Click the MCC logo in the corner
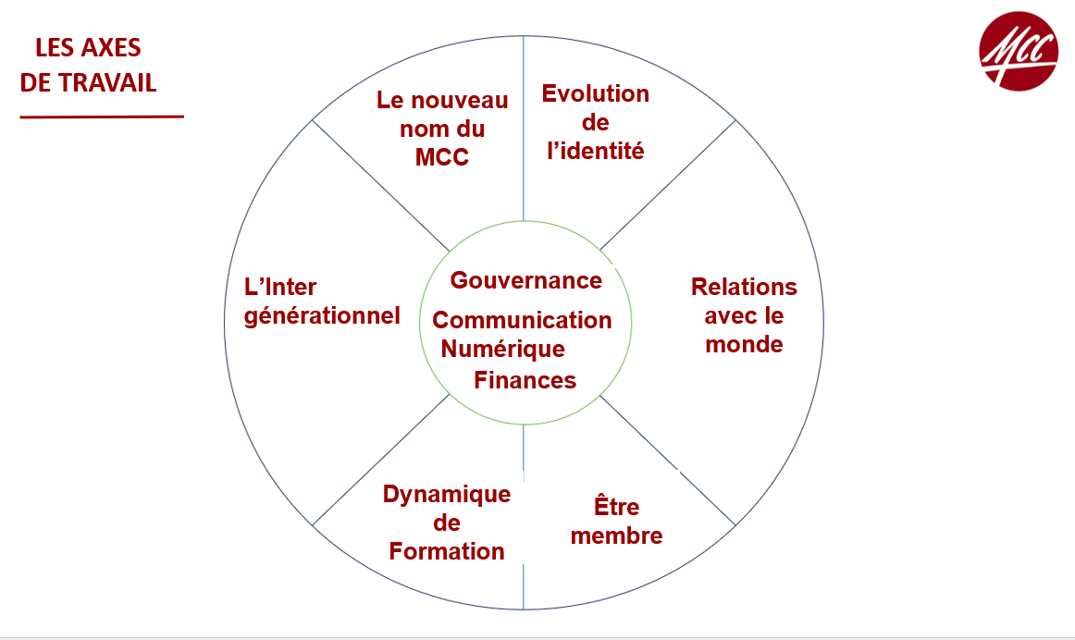pos(1018,51)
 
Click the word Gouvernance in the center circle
pos(525,280)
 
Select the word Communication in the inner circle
pos(522,320)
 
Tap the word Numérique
pos(502,349)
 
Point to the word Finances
pos(525,380)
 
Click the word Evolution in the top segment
pos(595,93)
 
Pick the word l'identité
pos(595,151)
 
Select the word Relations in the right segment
pos(744,287)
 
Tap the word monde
pos(744,344)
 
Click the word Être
pos(616,507)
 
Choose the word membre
pos(616,535)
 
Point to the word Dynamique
pos(447,494)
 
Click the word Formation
pos(447,552)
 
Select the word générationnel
pos(322,315)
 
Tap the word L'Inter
pos(280,287)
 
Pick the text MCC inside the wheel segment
pos(442,157)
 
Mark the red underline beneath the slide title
pos(102,117)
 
